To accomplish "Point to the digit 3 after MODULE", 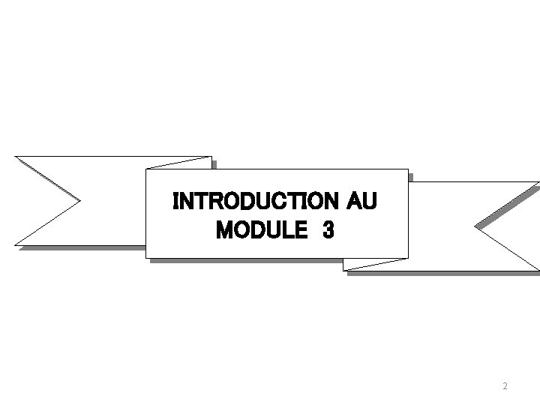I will [x=328, y=231].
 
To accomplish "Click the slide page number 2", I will [x=505, y=386].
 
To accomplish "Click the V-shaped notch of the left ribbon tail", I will [x=79, y=200].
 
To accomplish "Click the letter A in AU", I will [x=355, y=202].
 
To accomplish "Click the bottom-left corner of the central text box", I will [x=146, y=257].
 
